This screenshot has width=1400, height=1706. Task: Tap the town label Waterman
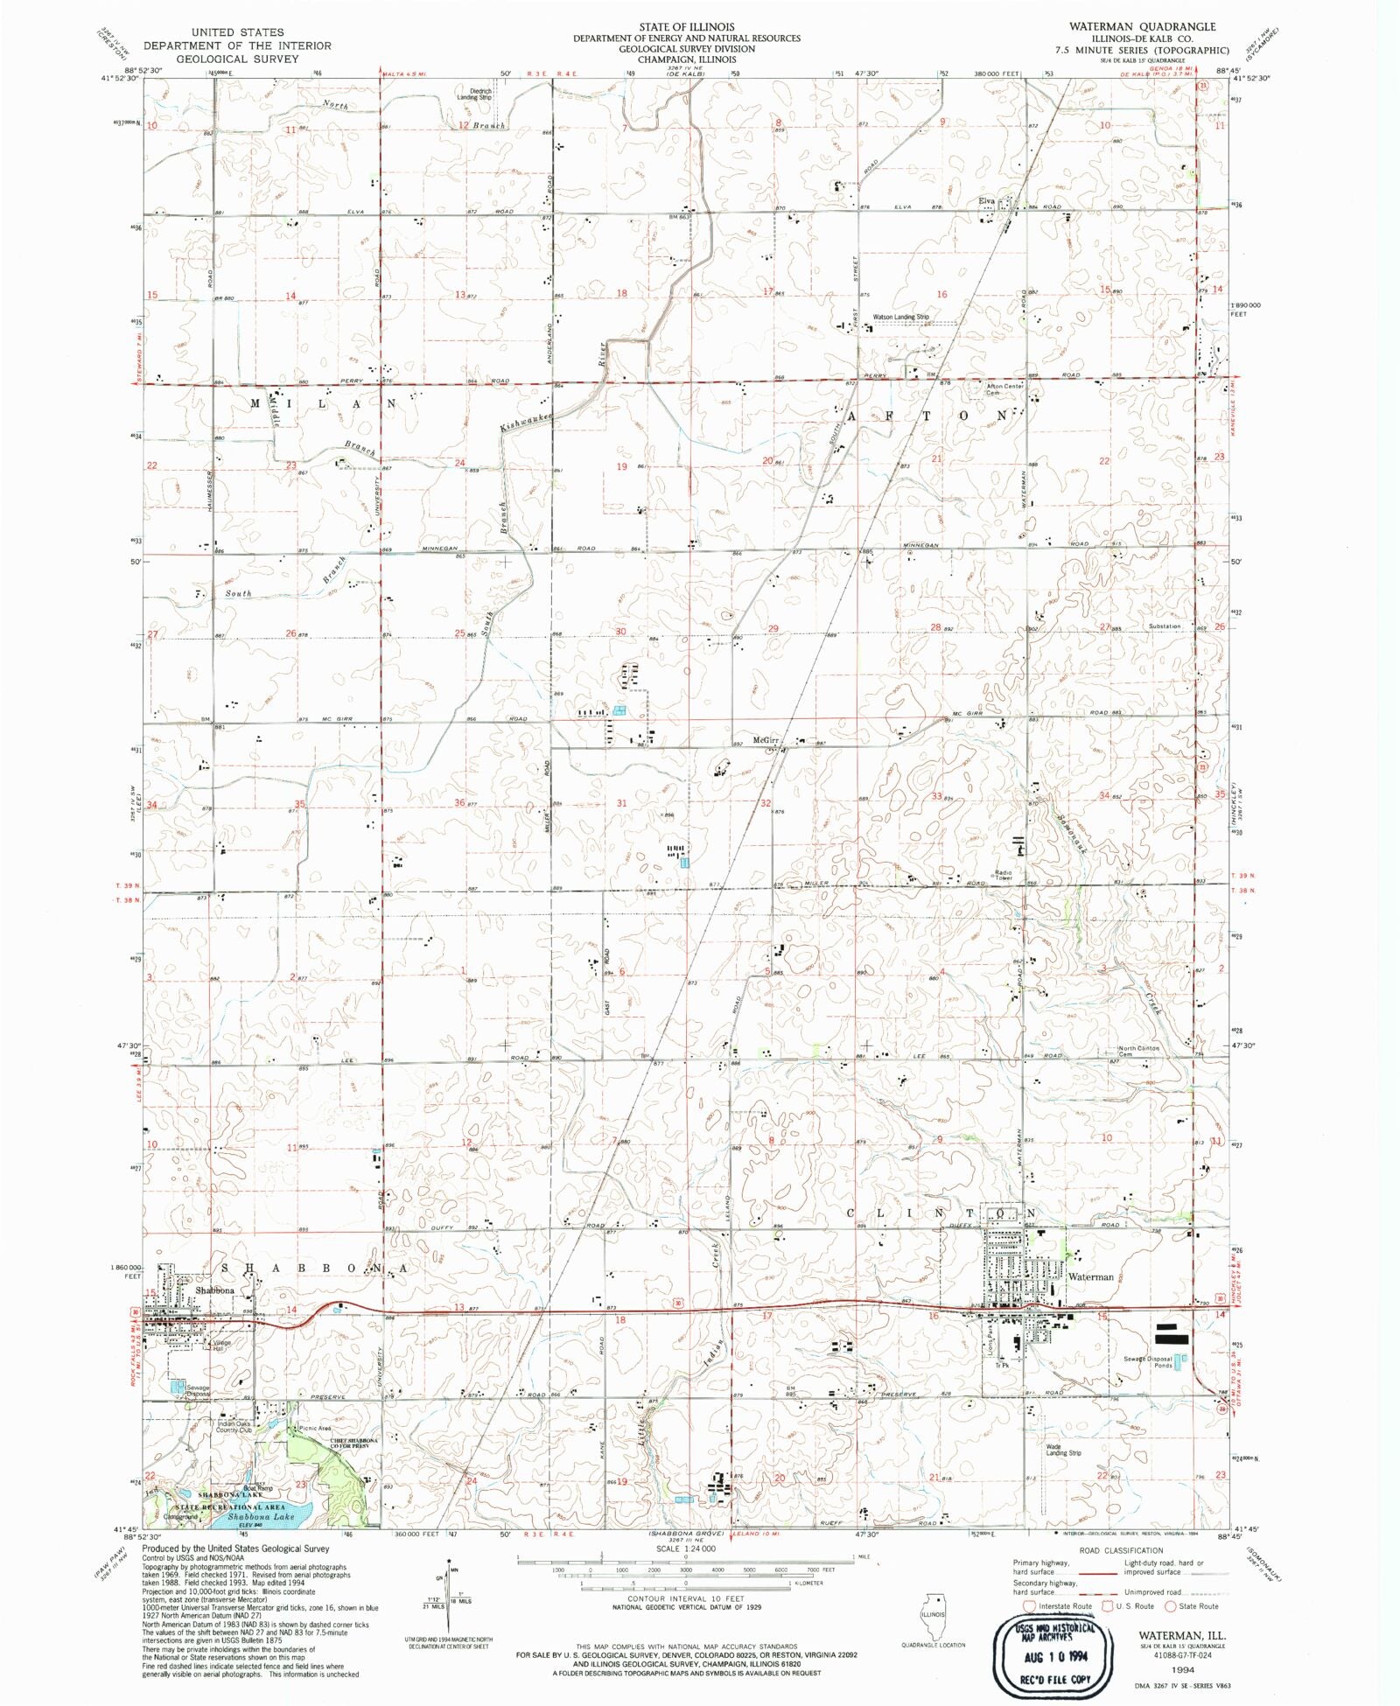click(x=1091, y=1277)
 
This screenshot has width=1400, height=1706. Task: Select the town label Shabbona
click(x=214, y=1290)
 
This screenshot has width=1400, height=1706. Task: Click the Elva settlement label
click(x=987, y=201)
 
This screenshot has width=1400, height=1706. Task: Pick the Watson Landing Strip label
click(x=900, y=317)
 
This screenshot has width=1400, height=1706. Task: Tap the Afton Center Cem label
click(x=1004, y=389)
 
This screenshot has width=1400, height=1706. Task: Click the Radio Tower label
click(x=1003, y=874)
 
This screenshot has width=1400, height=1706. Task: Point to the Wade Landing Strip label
click(x=1063, y=1450)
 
